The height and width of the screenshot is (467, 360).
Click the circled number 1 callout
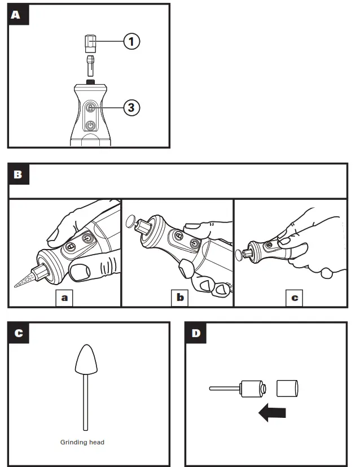pyautogui.click(x=131, y=41)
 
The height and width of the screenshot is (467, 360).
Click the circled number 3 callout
pyautogui.click(x=131, y=107)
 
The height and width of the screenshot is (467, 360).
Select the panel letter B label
pyautogui.click(x=18, y=174)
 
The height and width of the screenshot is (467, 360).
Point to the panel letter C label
pyautogui.click(x=18, y=333)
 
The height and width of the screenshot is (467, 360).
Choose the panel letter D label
pyautogui.click(x=196, y=333)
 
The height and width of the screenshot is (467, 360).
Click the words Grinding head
pyautogui.click(x=82, y=442)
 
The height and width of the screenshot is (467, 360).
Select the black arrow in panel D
pyautogui.click(x=272, y=413)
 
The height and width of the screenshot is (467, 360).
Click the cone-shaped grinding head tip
pyautogui.click(x=86, y=361)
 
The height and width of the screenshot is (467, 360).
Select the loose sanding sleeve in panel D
pyautogui.click(x=288, y=389)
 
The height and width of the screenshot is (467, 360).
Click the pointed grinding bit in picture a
pyautogui.click(x=25, y=280)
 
